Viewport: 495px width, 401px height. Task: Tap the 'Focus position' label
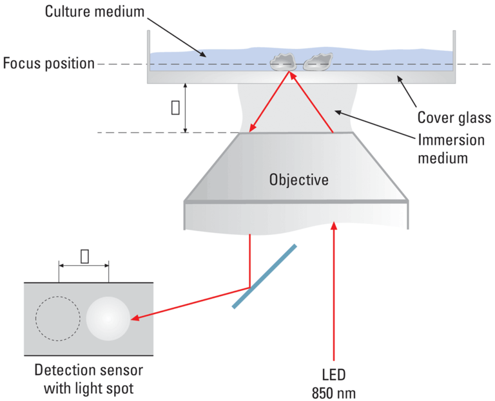[x=48, y=63]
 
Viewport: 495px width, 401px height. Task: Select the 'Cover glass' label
[x=454, y=118]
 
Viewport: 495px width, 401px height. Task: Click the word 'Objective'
[x=298, y=180]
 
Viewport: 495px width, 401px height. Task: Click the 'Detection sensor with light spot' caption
[x=88, y=380]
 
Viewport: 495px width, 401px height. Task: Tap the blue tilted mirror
[x=264, y=276]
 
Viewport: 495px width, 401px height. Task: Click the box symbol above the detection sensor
[x=84, y=256]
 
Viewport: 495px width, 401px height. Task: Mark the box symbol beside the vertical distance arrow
[x=175, y=107]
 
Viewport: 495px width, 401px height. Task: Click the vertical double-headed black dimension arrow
[x=186, y=107]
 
